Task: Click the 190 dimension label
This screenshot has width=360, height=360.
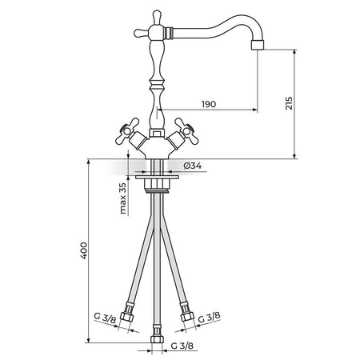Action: [209, 104]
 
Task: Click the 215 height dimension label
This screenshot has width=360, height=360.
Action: [289, 103]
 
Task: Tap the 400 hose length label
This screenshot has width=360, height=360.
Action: [84, 250]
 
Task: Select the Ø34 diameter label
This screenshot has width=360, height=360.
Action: [193, 166]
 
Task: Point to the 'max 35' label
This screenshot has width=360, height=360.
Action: [122, 198]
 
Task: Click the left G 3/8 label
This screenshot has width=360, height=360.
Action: [106, 318]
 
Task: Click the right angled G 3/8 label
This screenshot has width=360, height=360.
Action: [210, 317]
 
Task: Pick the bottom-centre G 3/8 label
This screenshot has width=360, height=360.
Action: [182, 346]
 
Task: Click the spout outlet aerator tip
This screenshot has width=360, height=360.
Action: [258, 45]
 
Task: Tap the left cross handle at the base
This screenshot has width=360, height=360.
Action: [127, 130]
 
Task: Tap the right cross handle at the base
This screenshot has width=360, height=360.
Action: [186, 130]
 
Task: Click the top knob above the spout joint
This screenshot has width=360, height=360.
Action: [157, 17]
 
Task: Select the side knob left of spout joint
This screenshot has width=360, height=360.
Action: [141, 33]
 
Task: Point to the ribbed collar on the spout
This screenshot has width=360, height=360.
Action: [169, 32]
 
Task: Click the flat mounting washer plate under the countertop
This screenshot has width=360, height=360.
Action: [157, 177]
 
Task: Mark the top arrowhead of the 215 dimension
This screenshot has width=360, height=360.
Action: [294, 52]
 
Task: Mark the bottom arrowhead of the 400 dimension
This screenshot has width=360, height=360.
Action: [88, 340]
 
